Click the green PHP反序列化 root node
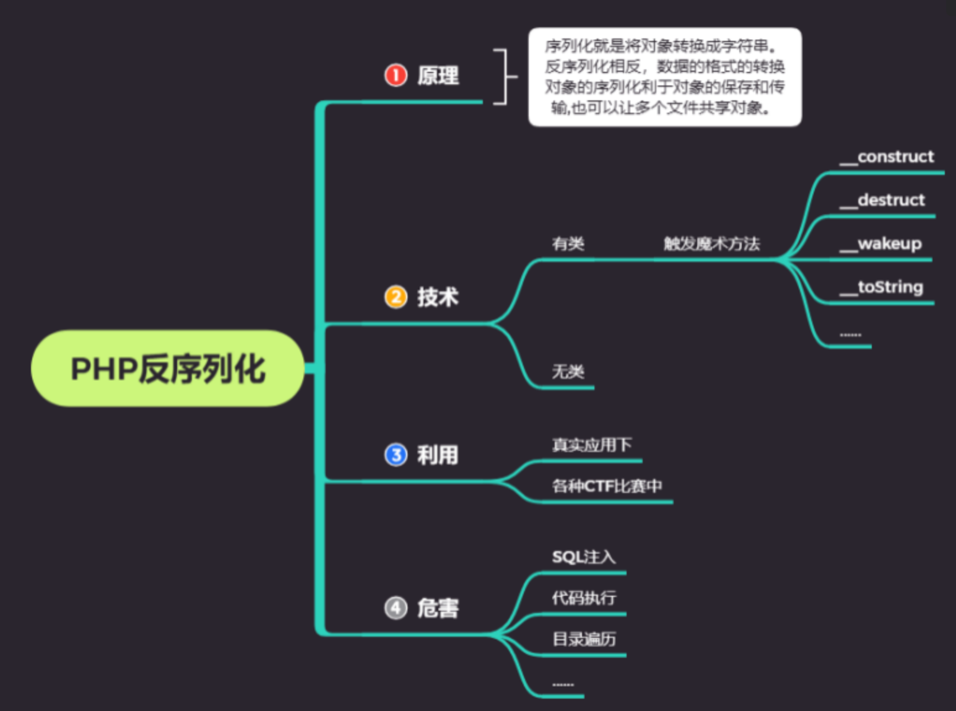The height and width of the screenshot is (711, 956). pos(167,369)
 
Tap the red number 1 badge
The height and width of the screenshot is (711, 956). pos(396,76)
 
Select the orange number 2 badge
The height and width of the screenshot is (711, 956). pos(396,297)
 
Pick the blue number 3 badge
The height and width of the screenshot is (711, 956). pos(396,455)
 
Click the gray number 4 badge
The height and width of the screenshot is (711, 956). pos(396,608)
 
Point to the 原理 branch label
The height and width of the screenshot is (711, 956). pos(438,76)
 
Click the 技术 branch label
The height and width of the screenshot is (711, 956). pos(438,297)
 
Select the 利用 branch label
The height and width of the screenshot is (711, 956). pos(438,455)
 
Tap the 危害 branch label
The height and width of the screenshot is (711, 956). pos(438,608)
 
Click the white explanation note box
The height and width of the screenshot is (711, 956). pos(664,77)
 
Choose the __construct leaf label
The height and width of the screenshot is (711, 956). pos(887,157)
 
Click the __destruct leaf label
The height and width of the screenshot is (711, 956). pos(882,200)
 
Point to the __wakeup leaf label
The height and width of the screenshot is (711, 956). pos(880,243)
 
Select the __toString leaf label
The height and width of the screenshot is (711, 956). pos(881,287)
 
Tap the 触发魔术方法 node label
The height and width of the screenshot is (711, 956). pos(711,243)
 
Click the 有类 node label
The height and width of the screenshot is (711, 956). pos(568,243)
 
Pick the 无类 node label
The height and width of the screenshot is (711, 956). pos(568,371)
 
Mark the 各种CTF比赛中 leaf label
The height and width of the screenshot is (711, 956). pos(607,486)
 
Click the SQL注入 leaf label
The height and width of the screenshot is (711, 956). pos(583,557)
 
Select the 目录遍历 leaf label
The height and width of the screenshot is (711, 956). pos(583,639)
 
